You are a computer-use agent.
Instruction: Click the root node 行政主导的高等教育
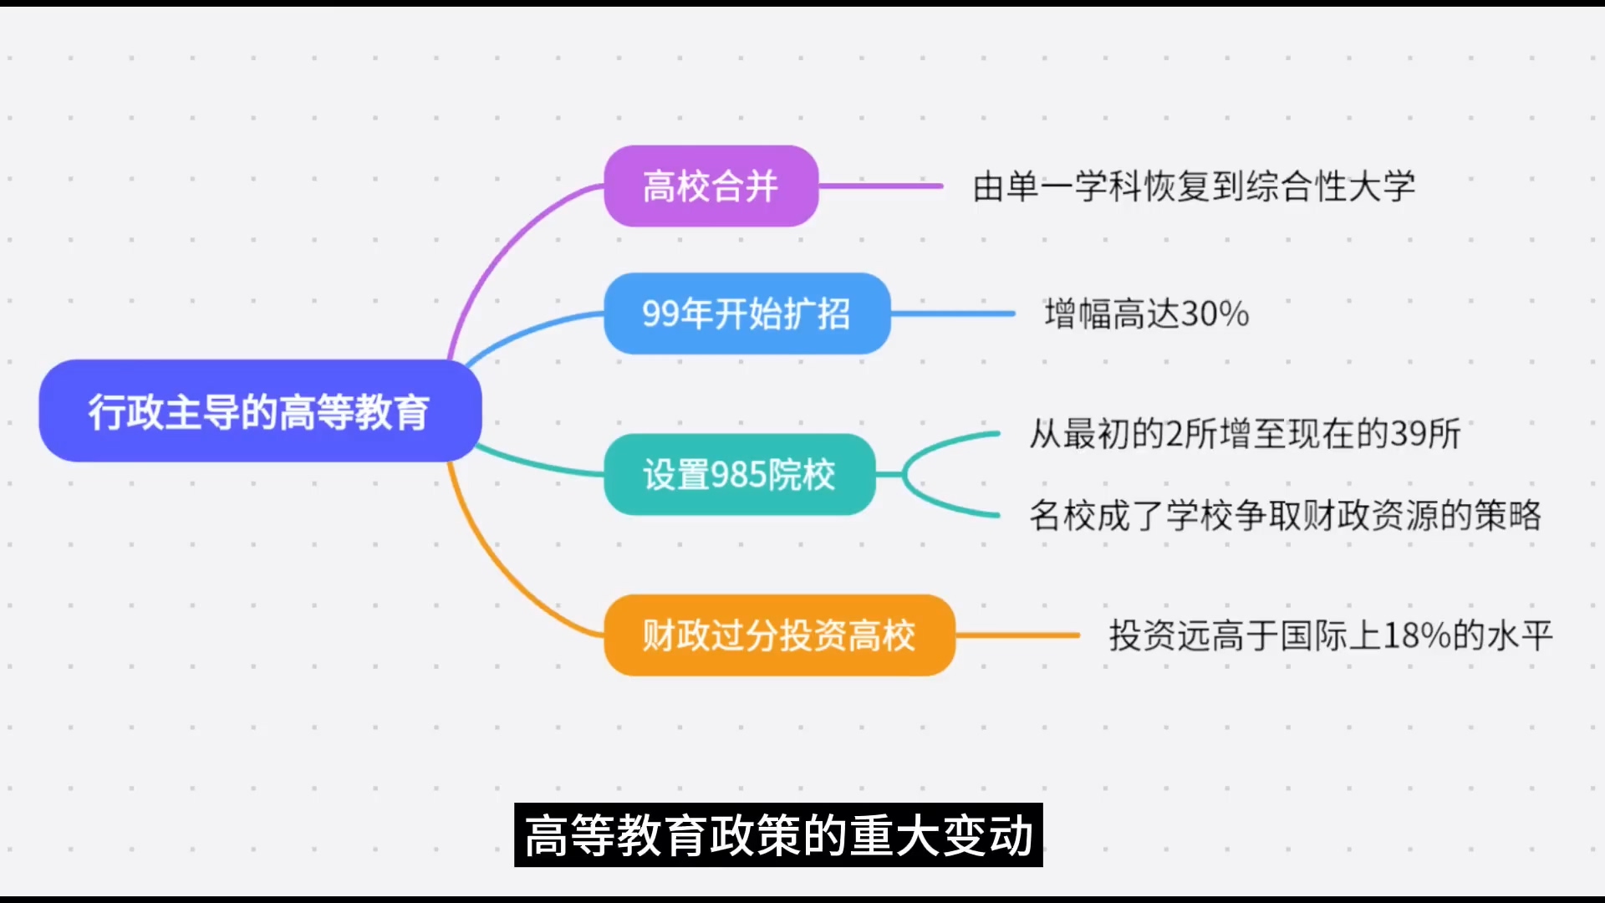tap(260, 411)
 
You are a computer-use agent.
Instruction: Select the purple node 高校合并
tap(711, 186)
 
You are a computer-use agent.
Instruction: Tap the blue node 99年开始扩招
tap(746, 314)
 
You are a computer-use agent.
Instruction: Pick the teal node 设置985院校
tap(739, 474)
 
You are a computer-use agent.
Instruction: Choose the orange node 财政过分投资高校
tap(779, 635)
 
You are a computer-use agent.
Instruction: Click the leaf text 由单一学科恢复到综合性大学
tap(1194, 186)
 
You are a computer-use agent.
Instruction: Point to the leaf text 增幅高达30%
tap(1147, 314)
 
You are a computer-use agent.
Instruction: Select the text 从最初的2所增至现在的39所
tap(1245, 434)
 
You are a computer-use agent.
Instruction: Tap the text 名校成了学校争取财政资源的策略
tap(1285, 515)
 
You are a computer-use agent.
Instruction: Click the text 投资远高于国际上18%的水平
tap(1331, 635)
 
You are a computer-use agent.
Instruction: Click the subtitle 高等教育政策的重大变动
tap(778, 835)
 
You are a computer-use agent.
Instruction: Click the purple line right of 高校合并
tap(881, 186)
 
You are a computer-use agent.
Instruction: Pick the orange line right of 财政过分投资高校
tap(1018, 635)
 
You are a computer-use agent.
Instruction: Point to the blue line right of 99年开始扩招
tap(953, 314)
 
